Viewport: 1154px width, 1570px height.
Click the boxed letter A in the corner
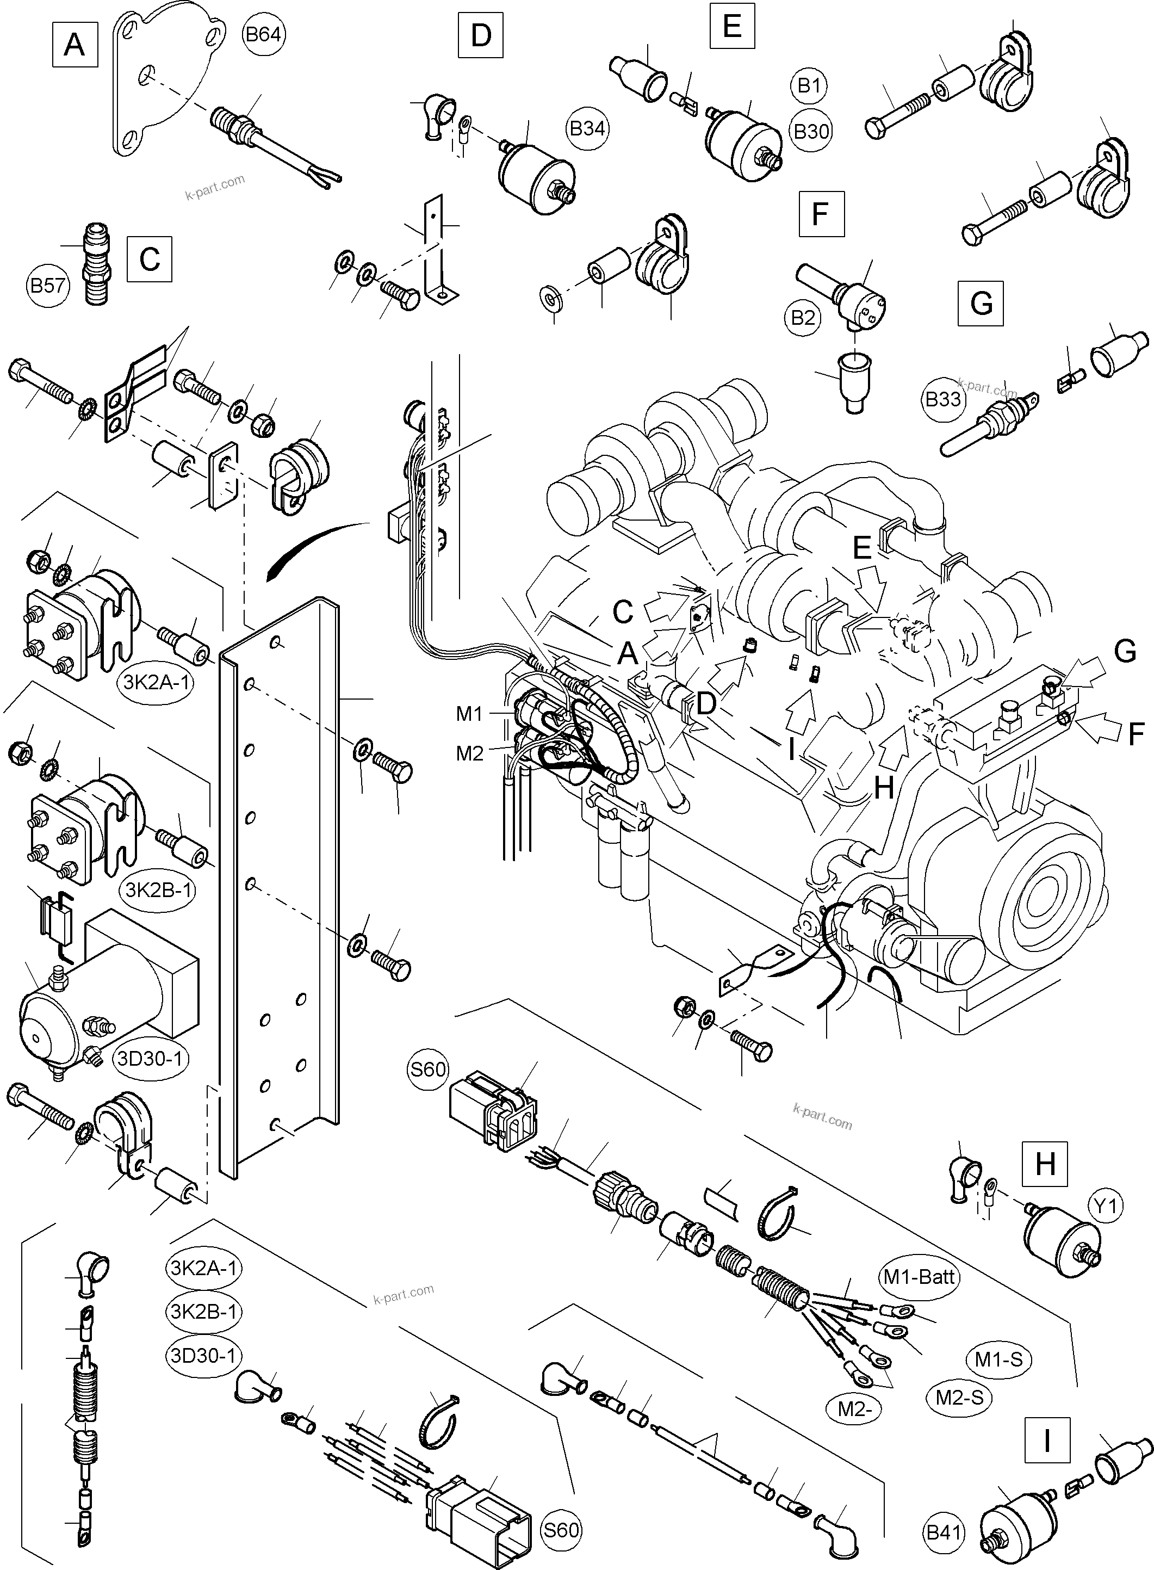point(74,45)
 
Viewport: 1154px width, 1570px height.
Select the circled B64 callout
point(263,34)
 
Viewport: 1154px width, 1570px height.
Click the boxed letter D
point(481,35)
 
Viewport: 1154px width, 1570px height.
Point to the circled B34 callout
point(587,128)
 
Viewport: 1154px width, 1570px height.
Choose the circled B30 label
point(811,131)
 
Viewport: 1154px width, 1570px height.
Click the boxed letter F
point(821,214)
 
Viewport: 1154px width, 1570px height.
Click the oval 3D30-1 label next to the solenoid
point(150,1059)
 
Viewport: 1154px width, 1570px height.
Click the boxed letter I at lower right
point(1046,1441)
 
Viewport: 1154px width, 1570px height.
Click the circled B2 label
point(803,318)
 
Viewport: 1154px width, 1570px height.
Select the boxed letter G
point(981,303)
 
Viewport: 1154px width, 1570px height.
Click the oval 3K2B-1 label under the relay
point(159,890)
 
